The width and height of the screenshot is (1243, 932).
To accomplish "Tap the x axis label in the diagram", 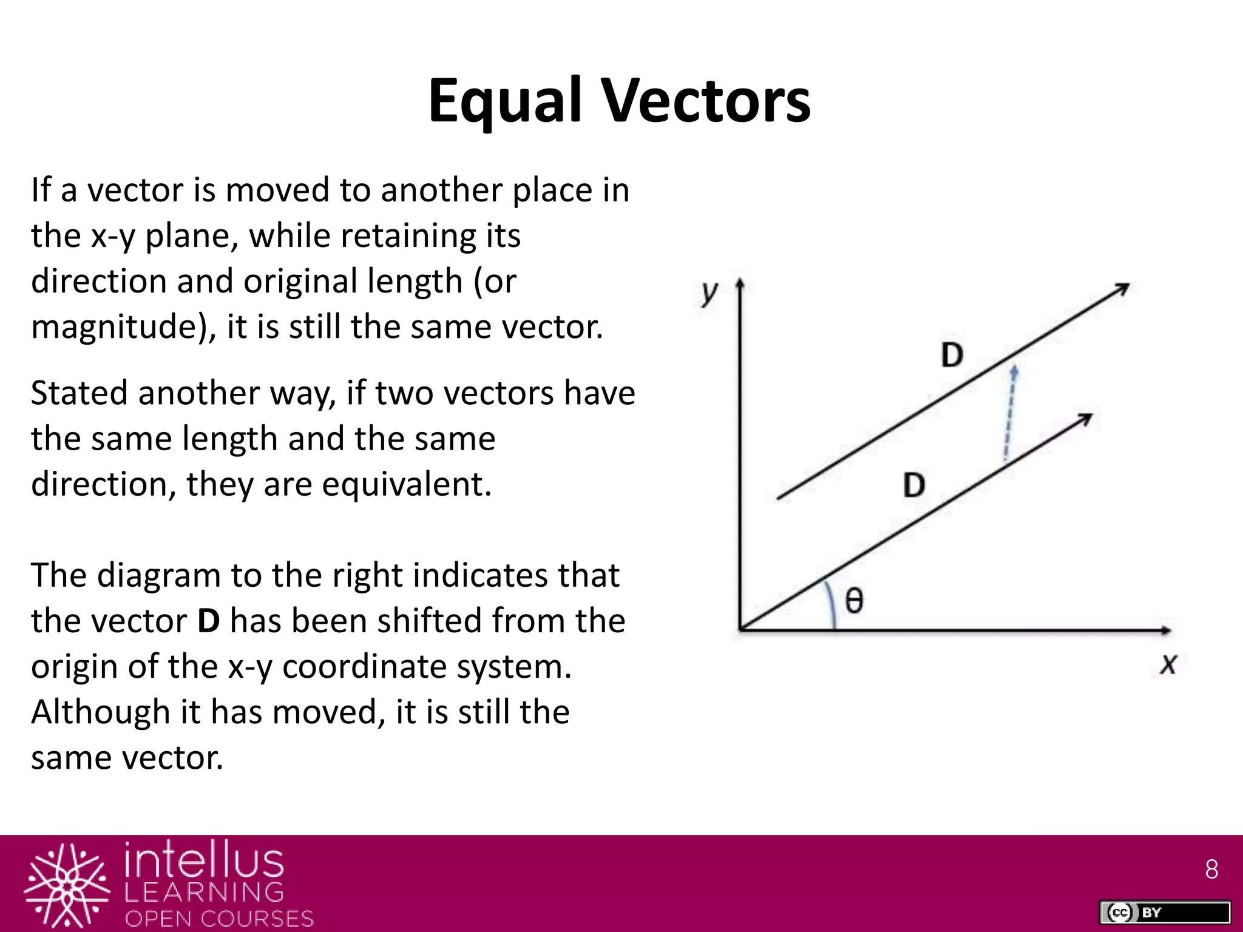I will pyautogui.click(x=1168, y=664).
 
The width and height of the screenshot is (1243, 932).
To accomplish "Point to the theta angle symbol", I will pyautogui.click(x=854, y=601).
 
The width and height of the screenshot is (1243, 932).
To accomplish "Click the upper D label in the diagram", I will pyautogui.click(x=952, y=355).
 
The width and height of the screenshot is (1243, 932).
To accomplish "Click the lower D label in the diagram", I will pyautogui.click(x=914, y=485).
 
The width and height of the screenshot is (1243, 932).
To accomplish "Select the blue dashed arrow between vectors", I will pyautogui.click(x=1009, y=413).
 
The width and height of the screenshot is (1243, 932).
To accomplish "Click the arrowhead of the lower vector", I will pyautogui.click(x=1085, y=419).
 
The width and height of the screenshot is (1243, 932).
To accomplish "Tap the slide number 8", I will pyautogui.click(x=1211, y=870).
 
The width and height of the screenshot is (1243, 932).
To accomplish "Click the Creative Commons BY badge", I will pyautogui.click(x=1165, y=912).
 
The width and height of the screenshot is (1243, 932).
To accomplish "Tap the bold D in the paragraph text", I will pyautogui.click(x=209, y=621).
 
